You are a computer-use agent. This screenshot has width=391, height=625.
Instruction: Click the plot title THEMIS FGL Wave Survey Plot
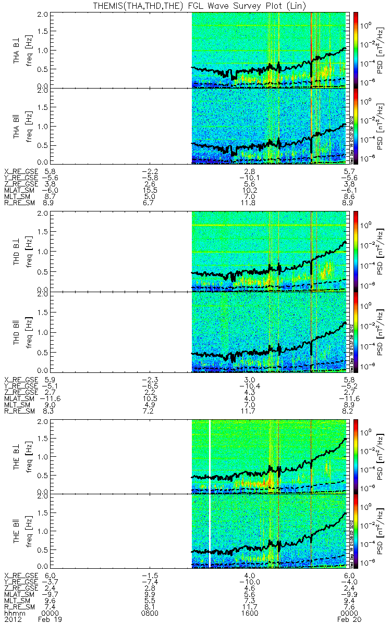(x=195, y=5)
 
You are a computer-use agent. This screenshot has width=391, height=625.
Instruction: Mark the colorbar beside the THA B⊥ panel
(x=355, y=49)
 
